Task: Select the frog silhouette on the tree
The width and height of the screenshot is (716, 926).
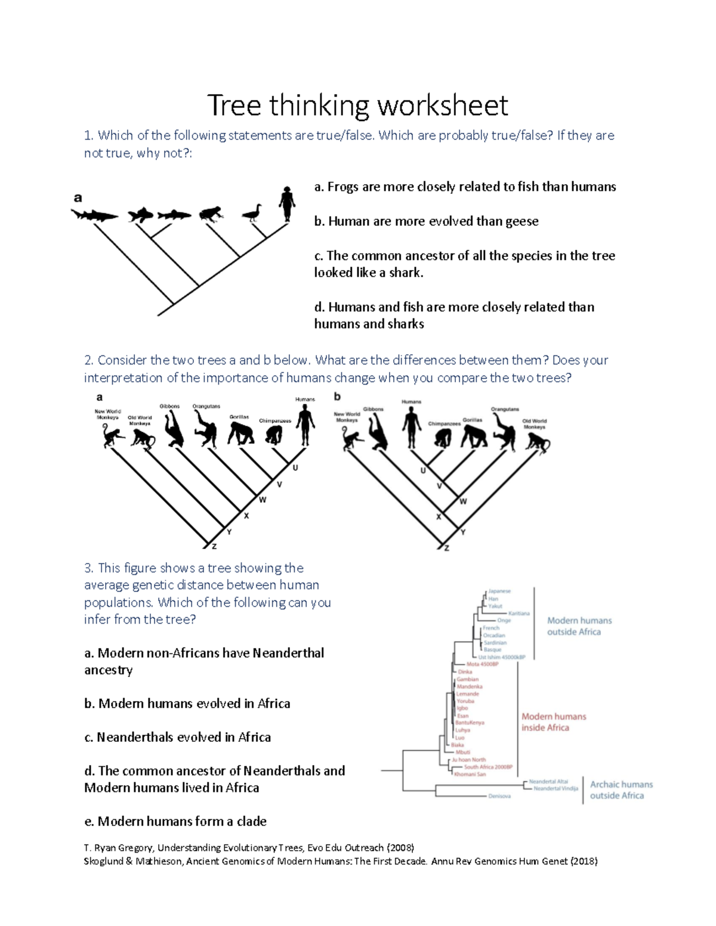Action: pos(211,214)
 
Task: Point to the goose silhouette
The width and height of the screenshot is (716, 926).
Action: pos(252,213)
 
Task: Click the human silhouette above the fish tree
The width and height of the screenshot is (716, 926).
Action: pos(287,203)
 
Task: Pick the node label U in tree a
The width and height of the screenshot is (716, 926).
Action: pos(295,468)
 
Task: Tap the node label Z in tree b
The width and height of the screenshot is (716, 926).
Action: pos(446,548)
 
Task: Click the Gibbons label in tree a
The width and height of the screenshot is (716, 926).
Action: pos(169,406)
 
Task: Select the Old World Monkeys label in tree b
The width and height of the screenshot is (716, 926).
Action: pos(534,424)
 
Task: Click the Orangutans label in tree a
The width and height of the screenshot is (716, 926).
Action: pos(206,406)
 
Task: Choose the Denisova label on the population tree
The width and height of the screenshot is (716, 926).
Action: pos(499,796)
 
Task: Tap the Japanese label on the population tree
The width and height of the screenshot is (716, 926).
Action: pos(499,591)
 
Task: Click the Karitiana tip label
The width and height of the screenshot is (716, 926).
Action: pos(519,613)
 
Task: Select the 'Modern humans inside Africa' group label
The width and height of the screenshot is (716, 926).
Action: pos(553,722)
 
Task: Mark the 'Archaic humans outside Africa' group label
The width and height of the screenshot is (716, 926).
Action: pos(621,790)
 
